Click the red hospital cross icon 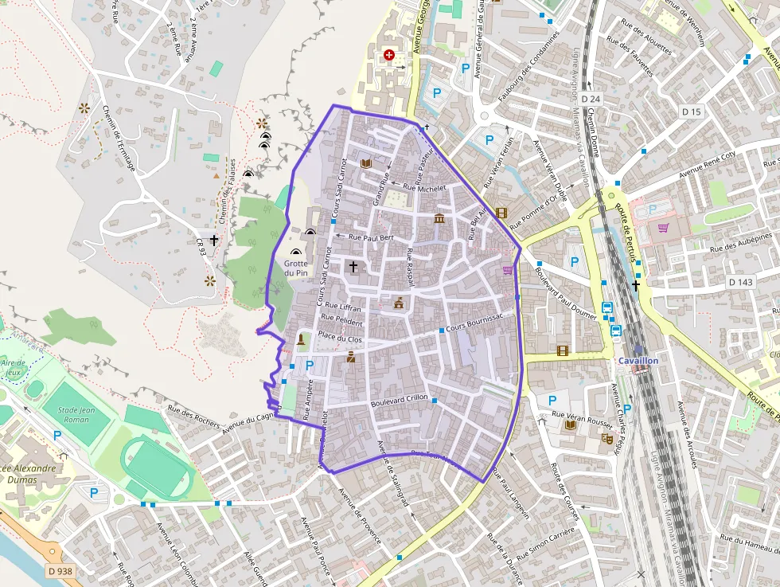[x=389, y=55]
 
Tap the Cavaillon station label [x=638, y=360]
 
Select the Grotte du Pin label [x=295, y=268]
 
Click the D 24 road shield [x=590, y=98]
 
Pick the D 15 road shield [x=692, y=112]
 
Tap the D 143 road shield [x=740, y=282]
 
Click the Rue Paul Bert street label [x=372, y=237]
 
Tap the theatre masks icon [x=606, y=437]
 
